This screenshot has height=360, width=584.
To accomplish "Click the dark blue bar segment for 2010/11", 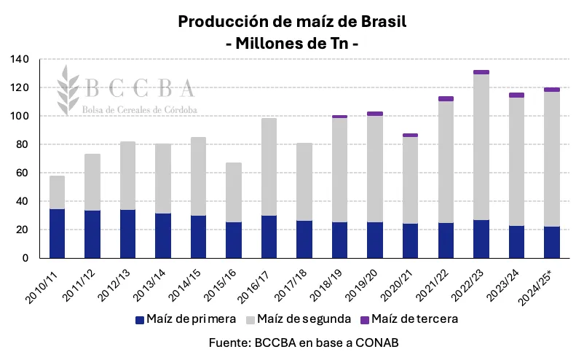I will (x=57, y=233).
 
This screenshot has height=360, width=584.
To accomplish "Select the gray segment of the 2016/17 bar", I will (x=269, y=167).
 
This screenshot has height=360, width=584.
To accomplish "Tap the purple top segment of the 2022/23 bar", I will (x=481, y=72).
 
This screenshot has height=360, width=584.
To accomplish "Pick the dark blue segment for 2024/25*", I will (x=552, y=242).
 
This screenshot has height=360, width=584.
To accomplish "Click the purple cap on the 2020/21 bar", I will (x=410, y=135).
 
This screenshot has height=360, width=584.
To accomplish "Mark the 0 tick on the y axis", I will (x=25, y=258).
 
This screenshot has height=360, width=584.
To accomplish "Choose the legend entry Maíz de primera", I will (x=186, y=319).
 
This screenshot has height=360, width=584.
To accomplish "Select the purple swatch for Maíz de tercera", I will (x=364, y=319).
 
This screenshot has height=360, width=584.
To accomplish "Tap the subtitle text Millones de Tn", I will (x=292, y=43).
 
